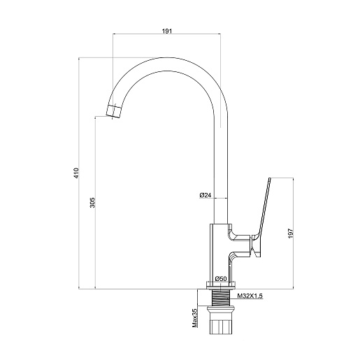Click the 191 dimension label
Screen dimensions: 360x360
[x=166, y=31]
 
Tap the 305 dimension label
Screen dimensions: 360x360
[x=93, y=203]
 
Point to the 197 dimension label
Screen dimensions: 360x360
[x=290, y=233]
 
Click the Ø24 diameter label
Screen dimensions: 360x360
[x=206, y=195]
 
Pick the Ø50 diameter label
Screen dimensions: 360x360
[x=221, y=278]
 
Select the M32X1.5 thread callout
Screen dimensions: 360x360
[x=250, y=296]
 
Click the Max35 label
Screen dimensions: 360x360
[x=195, y=318]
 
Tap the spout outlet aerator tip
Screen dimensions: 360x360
[x=114, y=111]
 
